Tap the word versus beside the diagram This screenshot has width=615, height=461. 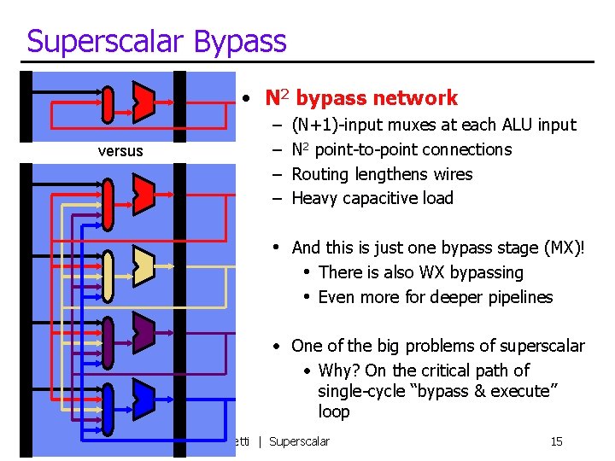(x=121, y=151)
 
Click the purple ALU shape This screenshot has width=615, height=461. (x=143, y=330)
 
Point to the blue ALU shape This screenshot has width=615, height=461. (x=143, y=396)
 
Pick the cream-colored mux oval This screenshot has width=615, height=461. (x=108, y=277)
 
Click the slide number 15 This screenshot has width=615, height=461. (x=556, y=441)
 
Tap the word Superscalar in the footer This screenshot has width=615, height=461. (x=299, y=441)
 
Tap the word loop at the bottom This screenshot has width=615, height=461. (x=334, y=412)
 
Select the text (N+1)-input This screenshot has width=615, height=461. (x=338, y=125)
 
